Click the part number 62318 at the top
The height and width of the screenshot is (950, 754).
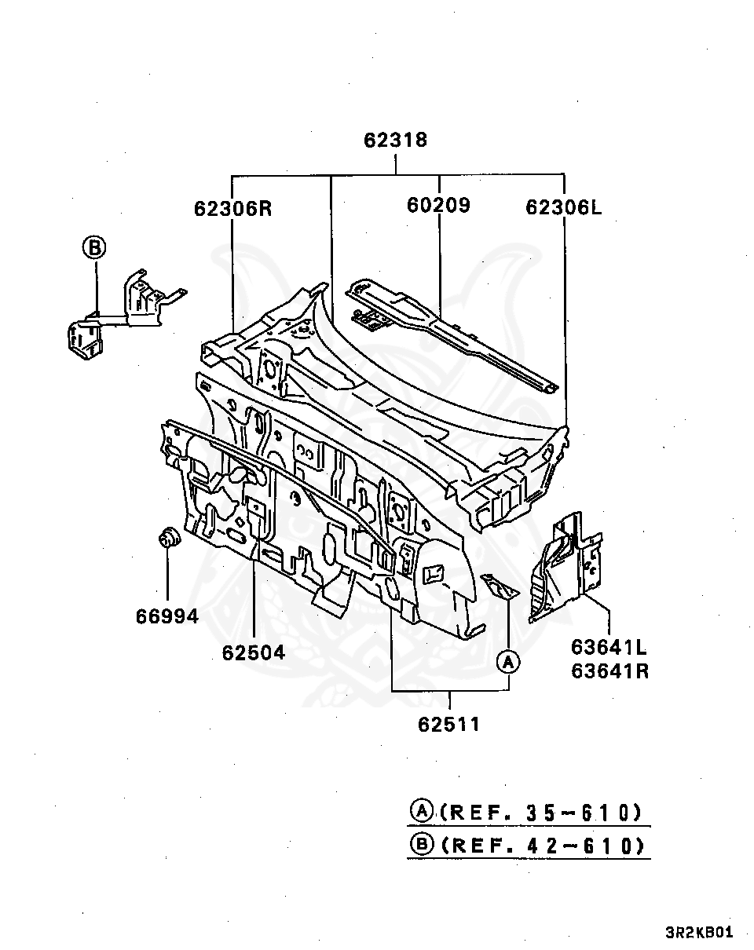coord(395,141)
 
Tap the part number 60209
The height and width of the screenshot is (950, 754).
coord(438,205)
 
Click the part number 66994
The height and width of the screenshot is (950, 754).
coord(167,616)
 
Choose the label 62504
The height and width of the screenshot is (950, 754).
coord(253,652)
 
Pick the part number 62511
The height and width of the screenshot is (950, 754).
coord(448,724)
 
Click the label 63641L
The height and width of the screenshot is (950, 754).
coord(609,648)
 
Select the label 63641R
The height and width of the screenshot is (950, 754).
coord(609,671)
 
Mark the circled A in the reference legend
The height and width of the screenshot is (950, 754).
coord(421,811)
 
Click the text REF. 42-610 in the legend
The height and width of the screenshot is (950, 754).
coord(541,846)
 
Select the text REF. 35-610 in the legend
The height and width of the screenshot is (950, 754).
coord(541,812)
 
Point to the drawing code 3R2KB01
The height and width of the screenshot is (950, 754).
coord(698,933)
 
